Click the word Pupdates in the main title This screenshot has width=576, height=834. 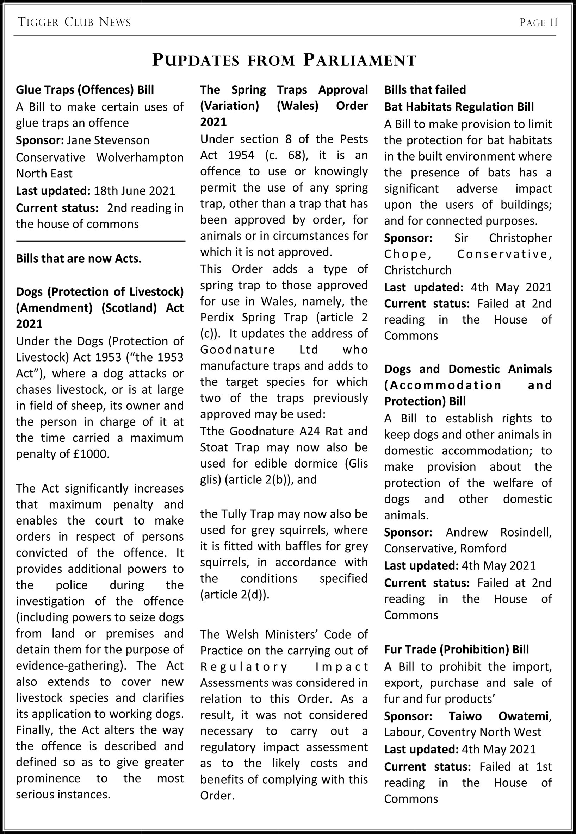(196, 60)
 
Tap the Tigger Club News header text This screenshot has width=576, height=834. (74, 23)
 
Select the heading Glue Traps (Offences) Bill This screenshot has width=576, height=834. (85, 89)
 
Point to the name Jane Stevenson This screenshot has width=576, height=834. (108, 140)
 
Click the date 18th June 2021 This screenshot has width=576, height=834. (134, 190)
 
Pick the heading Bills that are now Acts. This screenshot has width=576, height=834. (79, 258)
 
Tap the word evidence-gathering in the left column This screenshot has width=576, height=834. (69, 665)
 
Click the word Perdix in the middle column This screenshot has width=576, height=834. (217, 317)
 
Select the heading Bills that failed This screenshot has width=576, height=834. (425, 89)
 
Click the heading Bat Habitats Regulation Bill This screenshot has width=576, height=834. (459, 107)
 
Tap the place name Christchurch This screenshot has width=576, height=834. (417, 270)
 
